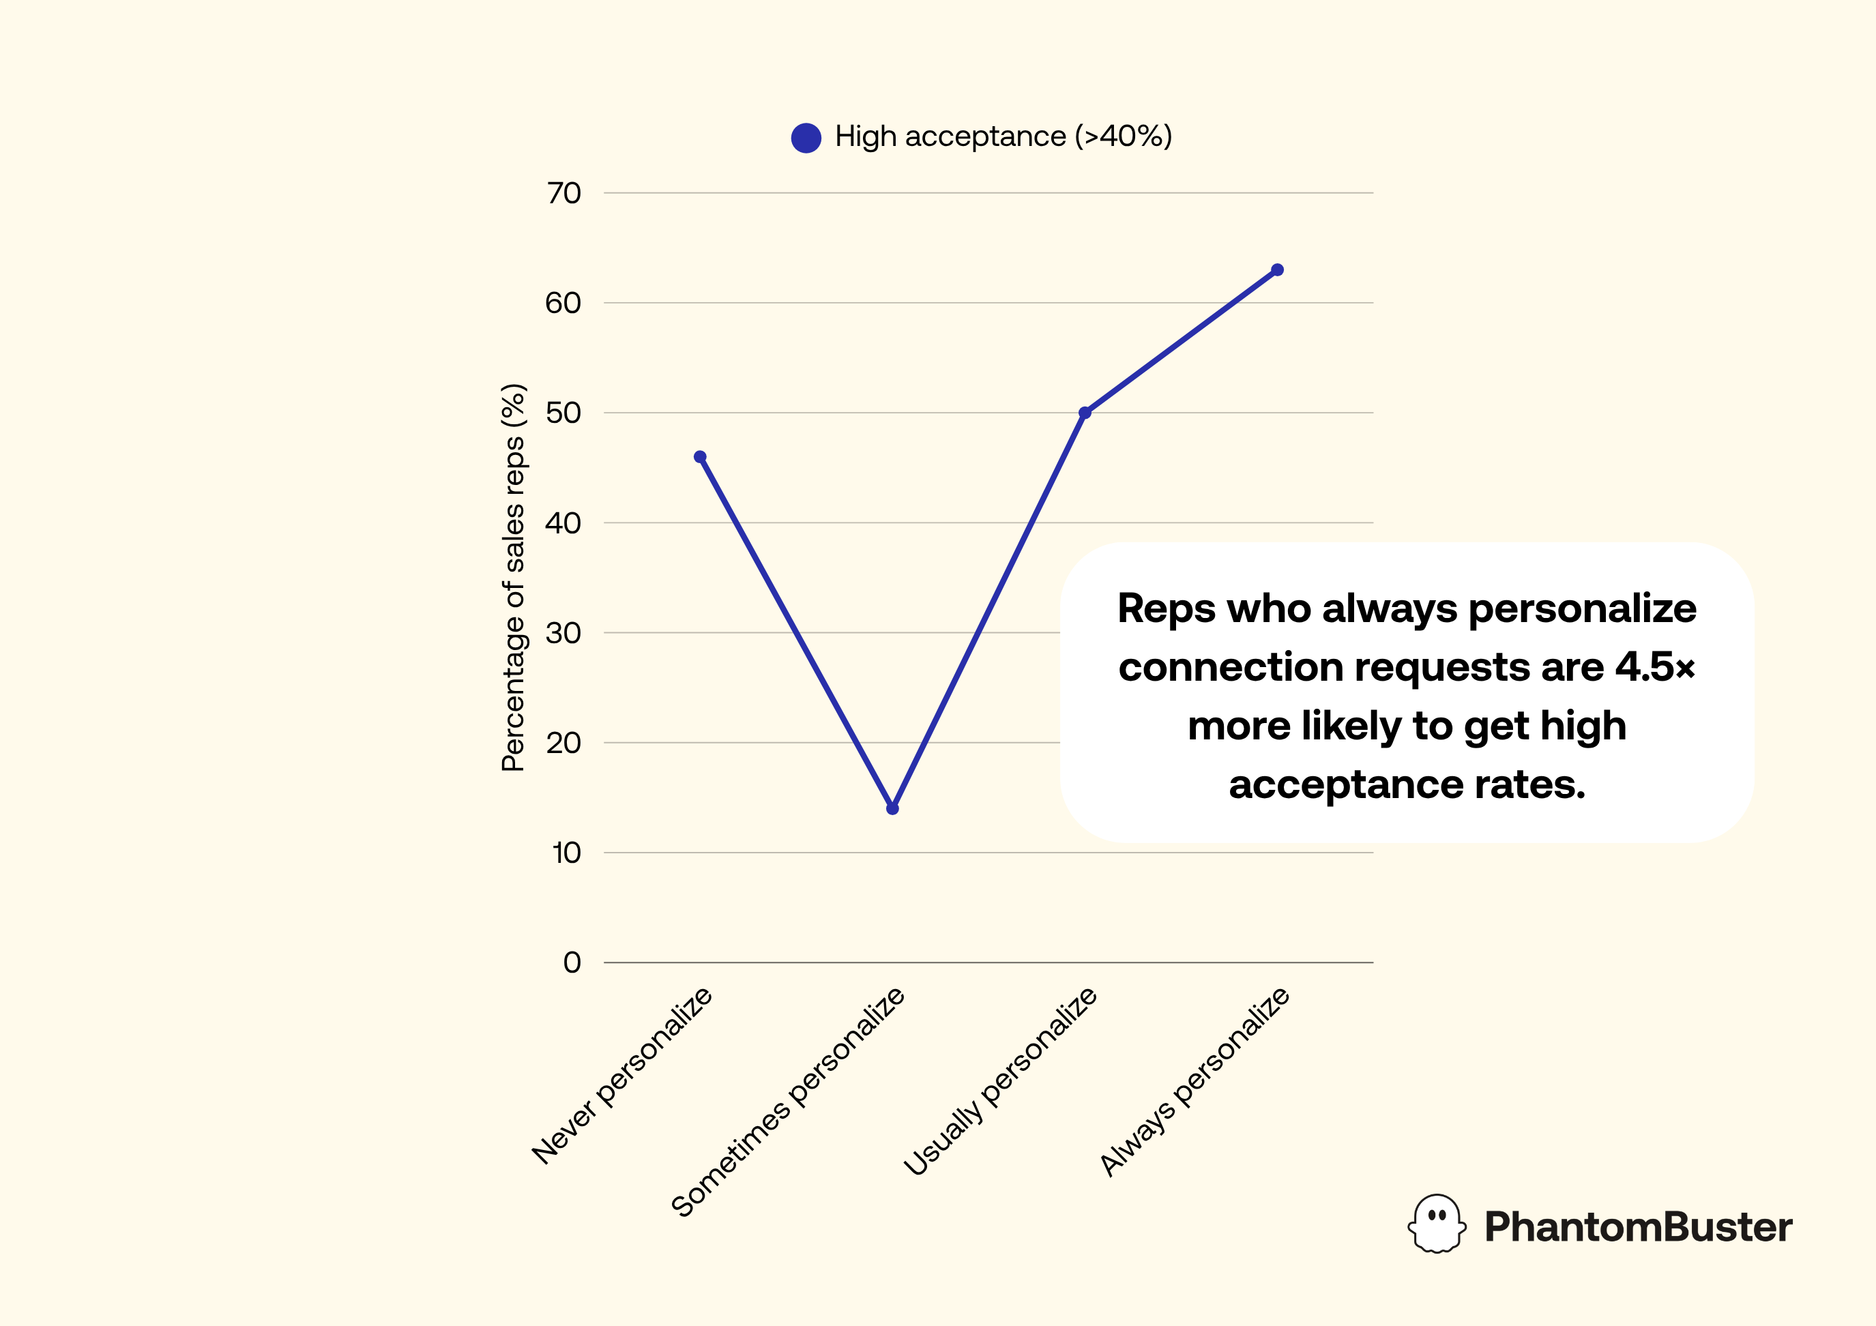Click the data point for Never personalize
[700, 457]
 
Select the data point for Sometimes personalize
[892, 808]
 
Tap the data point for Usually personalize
[1085, 413]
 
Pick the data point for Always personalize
[1278, 270]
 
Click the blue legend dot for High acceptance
[806, 137]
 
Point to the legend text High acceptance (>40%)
[1003, 136]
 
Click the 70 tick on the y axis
[563, 194]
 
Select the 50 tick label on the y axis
[563, 413]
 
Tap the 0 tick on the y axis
[572, 962]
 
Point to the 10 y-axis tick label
[566, 853]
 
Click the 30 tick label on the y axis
[563, 633]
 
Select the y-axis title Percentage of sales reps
[514, 577]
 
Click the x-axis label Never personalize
[623, 1075]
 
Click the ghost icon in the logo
[1437, 1224]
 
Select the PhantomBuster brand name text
[1637, 1227]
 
